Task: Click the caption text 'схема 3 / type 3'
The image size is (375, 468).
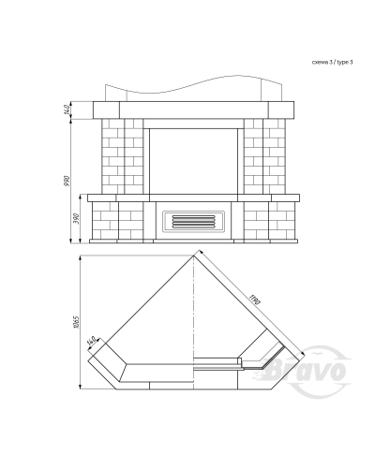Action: click(332, 62)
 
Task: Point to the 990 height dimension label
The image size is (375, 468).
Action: click(67, 182)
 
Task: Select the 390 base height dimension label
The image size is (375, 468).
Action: click(76, 219)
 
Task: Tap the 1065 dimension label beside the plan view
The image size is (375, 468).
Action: click(76, 322)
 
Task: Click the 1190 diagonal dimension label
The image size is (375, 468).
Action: click(255, 300)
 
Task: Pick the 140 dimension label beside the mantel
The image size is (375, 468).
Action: click(67, 110)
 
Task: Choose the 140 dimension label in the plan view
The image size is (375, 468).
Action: click(92, 341)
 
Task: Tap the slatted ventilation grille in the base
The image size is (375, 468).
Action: click(193, 222)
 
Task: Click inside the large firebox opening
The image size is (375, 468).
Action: click(193, 161)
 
